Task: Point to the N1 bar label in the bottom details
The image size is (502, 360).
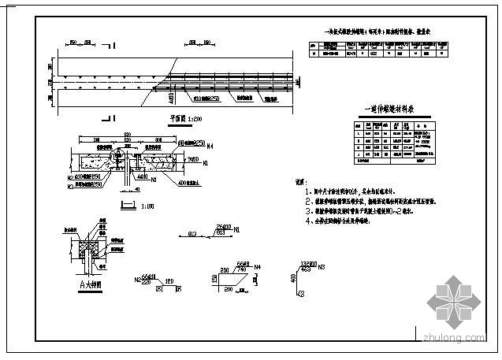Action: pyautogui.click(x=236, y=229)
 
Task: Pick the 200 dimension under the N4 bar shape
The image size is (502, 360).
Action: pyautogui.click(x=229, y=289)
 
